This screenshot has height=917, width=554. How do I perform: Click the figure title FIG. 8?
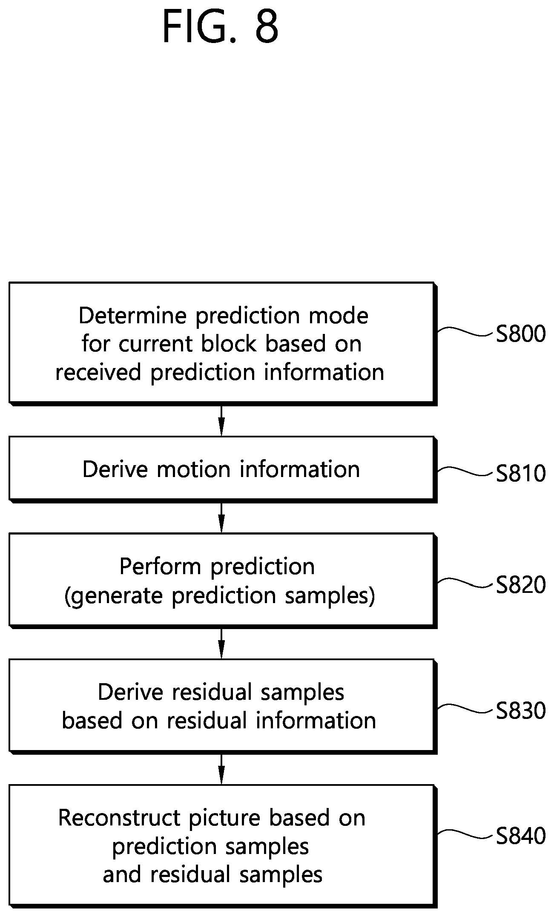pyautogui.click(x=221, y=26)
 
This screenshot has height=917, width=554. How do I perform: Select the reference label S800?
pyautogui.click(x=521, y=334)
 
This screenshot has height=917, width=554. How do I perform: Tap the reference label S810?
pyautogui.click(x=521, y=473)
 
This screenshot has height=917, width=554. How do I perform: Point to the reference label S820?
pyautogui.click(x=521, y=585)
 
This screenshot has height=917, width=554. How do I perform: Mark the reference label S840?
pyautogui.click(x=521, y=836)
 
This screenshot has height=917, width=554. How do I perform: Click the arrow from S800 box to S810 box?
pyautogui.click(x=221, y=421)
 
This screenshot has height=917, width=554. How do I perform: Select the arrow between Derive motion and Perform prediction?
pyautogui.click(x=221, y=517)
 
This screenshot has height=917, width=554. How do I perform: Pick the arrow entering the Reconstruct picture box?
pyautogui.click(x=221, y=769)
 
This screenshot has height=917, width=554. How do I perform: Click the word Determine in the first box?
pyautogui.click(x=133, y=316)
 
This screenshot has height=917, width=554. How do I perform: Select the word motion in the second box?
pyautogui.click(x=194, y=469)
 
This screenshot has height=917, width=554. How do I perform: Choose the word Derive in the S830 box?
pyautogui.click(x=130, y=692)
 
